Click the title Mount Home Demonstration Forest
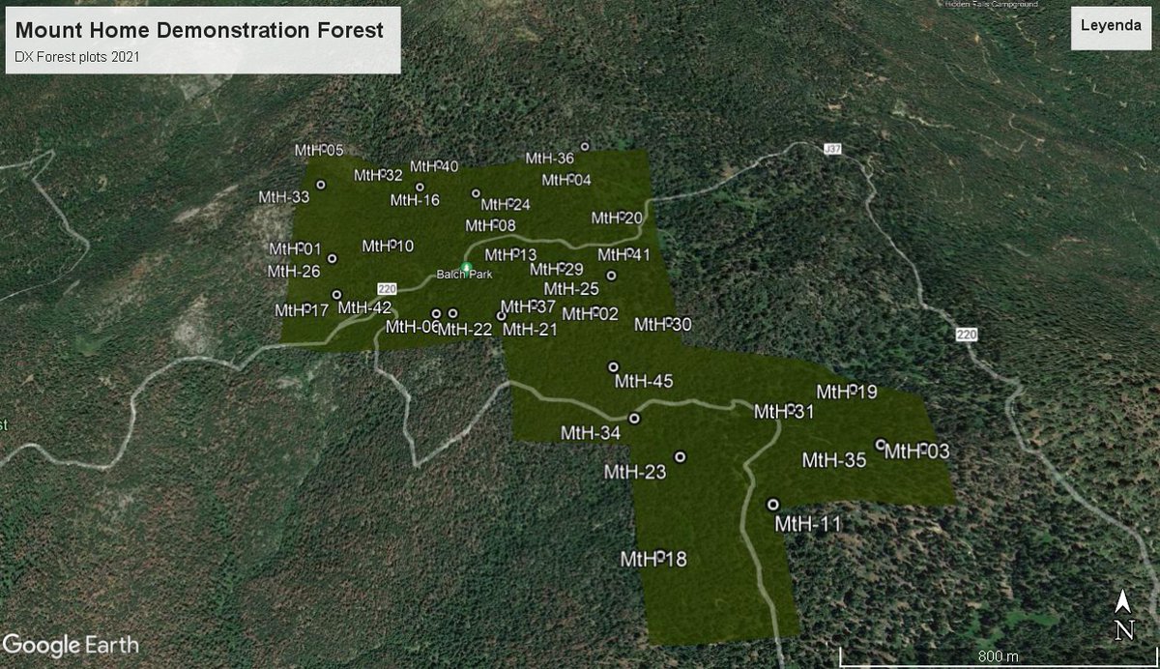(199, 30)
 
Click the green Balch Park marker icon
(466, 267)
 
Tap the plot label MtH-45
(644, 382)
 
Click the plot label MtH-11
(808, 524)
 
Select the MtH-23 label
(635, 472)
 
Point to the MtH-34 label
(591, 432)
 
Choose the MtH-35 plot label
(834, 460)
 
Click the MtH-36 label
(550, 159)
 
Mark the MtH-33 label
(283, 197)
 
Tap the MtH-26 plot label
(294, 272)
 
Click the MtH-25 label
(571, 289)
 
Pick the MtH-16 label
(415, 201)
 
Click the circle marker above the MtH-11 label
(773, 505)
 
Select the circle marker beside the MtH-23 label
(680, 456)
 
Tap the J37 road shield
(828, 149)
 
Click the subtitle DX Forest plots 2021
(78, 57)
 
